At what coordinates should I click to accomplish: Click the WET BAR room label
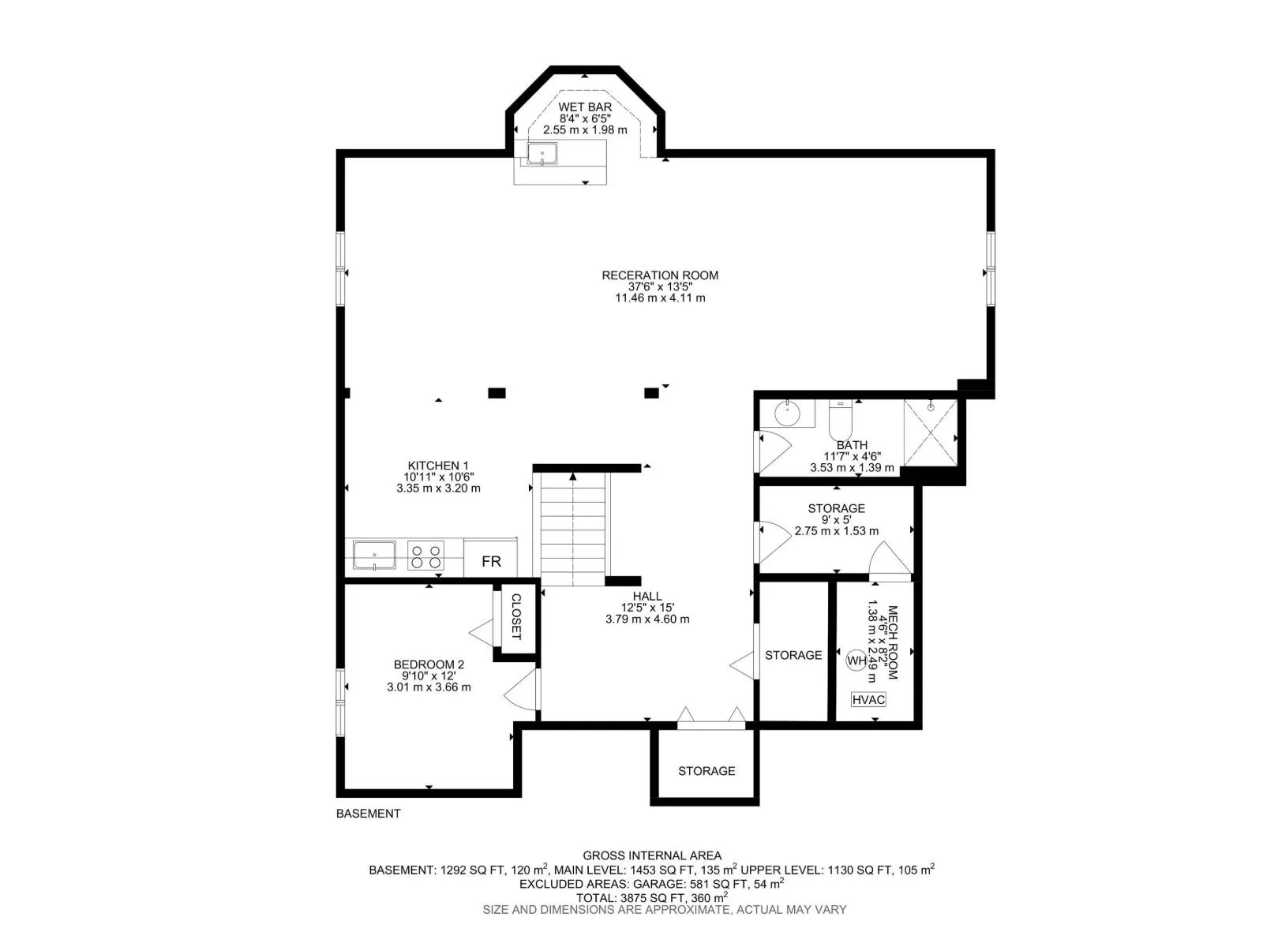tap(585, 107)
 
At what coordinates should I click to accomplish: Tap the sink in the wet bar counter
tap(542, 154)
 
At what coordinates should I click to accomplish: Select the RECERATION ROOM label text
tap(660, 275)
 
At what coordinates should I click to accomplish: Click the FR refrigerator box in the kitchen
tap(491, 561)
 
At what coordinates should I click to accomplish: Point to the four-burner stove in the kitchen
tap(425, 556)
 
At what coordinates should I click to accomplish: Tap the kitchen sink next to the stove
tap(374, 556)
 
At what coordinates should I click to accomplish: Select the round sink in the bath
tap(786, 413)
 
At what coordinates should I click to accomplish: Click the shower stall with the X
tap(930, 432)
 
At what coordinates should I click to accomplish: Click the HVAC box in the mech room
tap(868, 699)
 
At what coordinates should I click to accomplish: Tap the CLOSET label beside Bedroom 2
tap(516, 616)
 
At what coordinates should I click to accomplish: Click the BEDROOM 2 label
tap(429, 664)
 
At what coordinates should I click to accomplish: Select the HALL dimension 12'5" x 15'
tap(647, 608)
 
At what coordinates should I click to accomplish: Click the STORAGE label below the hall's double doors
tap(706, 771)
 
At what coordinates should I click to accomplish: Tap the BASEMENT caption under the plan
tap(368, 814)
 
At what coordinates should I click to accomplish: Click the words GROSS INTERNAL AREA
tap(652, 855)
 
